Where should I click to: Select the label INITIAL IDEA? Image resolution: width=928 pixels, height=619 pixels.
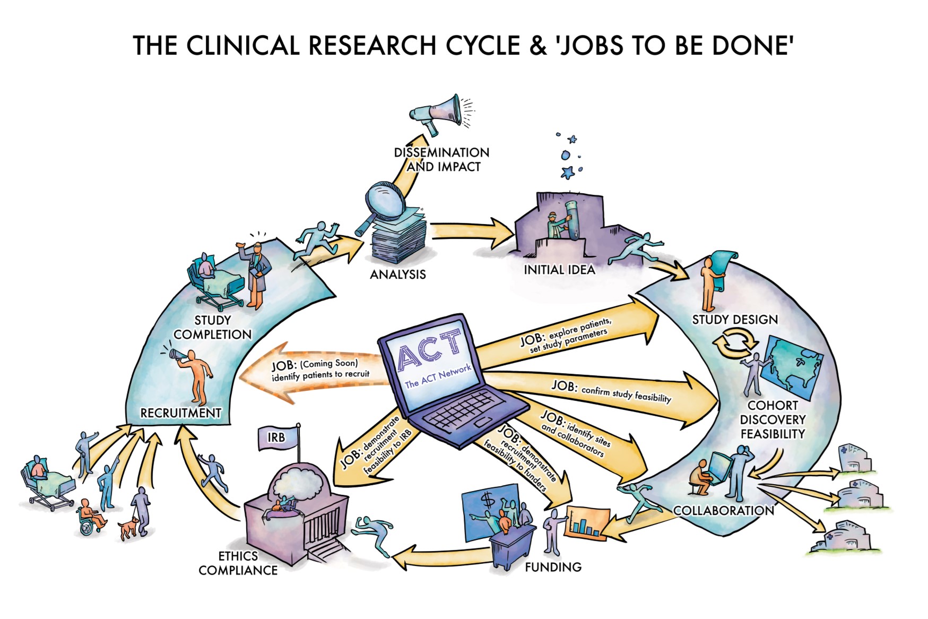click(x=559, y=270)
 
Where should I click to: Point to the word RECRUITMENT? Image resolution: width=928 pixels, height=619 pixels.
click(x=180, y=413)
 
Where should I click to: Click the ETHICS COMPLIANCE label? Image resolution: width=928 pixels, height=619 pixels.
click(x=238, y=563)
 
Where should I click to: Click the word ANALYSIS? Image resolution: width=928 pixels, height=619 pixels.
click(x=397, y=274)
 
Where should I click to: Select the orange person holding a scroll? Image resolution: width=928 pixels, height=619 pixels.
click(x=709, y=284)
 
